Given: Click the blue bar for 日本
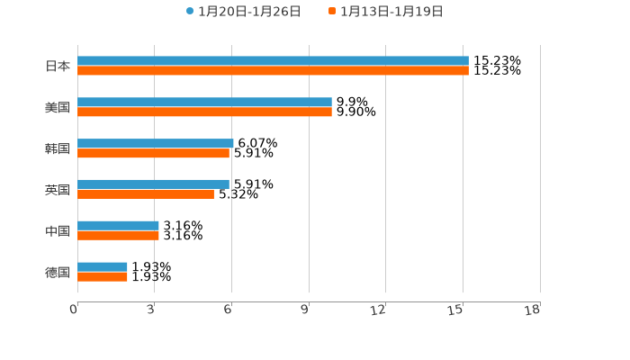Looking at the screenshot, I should point(273,61).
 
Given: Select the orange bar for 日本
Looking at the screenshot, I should point(273,71).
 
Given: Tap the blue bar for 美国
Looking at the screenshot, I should point(204,103).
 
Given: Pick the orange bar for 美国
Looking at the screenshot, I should point(204,112).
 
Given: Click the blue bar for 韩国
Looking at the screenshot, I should point(156,144).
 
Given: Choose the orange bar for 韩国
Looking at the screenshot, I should point(153,154).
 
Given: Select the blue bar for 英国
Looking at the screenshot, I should point(153,184).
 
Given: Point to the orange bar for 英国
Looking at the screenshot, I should point(146,194).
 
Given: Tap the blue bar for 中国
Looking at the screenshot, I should point(118,226).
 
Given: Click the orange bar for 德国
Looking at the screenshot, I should point(103,277).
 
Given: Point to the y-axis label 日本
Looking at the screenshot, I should point(58,66).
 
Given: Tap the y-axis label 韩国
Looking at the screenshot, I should point(58,148).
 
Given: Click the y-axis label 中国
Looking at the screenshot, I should point(58,231).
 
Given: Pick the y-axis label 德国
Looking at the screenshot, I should point(58,272).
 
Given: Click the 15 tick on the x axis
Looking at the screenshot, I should point(456,310).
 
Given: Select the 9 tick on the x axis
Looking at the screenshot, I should point(305,310).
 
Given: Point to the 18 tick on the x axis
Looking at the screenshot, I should point(533,310).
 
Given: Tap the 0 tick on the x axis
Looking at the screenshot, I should point(74,310).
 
